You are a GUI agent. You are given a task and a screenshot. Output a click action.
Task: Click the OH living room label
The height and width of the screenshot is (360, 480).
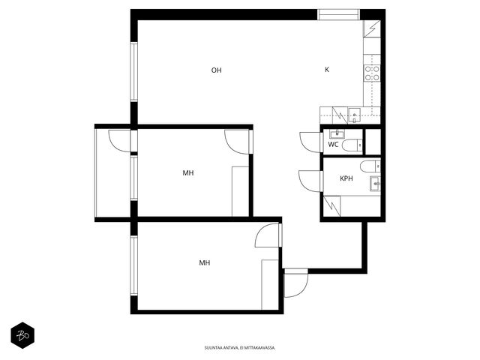[x=216, y=70]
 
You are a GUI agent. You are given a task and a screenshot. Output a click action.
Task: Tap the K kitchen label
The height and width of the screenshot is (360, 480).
[x=327, y=70]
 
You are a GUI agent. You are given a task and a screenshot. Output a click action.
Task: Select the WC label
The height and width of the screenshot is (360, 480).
[x=333, y=145]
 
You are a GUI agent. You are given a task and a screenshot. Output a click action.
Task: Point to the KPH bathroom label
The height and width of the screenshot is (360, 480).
[x=346, y=178]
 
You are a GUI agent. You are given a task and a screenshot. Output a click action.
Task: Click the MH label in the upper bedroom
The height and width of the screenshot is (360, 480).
[x=188, y=173]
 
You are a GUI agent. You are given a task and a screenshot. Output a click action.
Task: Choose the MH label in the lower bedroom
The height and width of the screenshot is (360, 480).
[x=205, y=262]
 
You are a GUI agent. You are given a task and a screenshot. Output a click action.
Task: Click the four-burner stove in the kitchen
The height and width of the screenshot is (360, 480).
[x=372, y=73]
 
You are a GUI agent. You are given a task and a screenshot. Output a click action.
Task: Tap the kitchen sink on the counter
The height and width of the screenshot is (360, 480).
[x=354, y=115]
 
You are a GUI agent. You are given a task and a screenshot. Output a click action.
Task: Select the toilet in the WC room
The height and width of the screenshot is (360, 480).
[x=352, y=145]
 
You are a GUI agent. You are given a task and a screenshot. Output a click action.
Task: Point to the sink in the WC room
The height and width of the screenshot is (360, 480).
[x=337, y=133]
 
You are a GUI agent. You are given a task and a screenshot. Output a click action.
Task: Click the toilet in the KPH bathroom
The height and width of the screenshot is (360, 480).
[x=370, y=166]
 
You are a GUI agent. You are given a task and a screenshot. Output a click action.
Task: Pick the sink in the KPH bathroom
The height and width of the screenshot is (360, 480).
[x=375, y=184]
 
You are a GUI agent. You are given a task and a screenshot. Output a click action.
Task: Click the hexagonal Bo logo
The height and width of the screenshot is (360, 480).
[x=22, y=335]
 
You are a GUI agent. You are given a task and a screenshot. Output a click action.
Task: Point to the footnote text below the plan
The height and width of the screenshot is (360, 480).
[x=240, y=348]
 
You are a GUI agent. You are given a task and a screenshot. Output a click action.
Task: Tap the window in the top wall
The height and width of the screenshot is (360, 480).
[x=338, y=15]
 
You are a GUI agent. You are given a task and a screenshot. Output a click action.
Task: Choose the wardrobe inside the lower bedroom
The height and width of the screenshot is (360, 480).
[x=270, y=285]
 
